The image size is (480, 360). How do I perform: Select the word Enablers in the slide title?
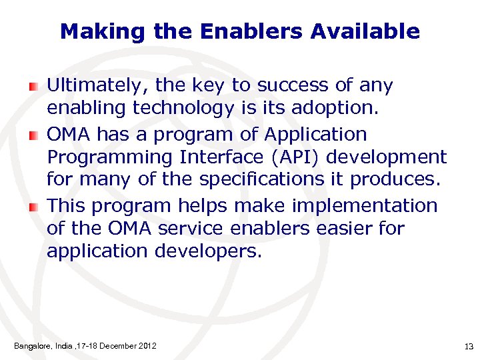[x=249, y=31]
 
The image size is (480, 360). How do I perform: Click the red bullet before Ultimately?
[x=34, y=86]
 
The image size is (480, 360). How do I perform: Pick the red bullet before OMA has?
[x=34, y=135]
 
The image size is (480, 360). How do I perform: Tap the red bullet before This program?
[x=34, y=207]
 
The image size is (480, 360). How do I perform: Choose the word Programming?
[x=100, y=158]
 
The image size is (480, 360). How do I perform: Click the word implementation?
[x=369, y=207]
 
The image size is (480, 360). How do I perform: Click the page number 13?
[x=467, y=346]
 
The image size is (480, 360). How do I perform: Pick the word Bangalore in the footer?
[x=31, y=346]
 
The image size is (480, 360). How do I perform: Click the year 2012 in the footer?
[x=148, y=345]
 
